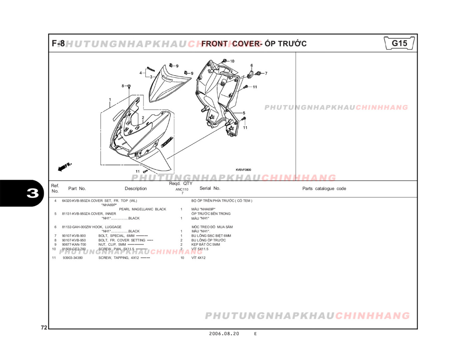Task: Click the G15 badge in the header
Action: [399, 43]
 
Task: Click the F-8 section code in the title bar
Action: [58, 44]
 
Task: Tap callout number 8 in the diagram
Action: [123, 86]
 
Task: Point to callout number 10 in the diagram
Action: [232, 61]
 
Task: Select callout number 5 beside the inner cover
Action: [244, 113]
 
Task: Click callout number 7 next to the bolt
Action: [266, 73]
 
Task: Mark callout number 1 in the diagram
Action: [110, 99]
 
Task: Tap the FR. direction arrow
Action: [65, 167]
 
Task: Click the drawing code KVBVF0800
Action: [243, 170]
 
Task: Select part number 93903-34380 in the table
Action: [73, 258]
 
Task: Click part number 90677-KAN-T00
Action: [74, 244]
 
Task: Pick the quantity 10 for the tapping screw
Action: [182, 258]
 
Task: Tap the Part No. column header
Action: [77, 189]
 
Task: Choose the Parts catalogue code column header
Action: [324, 189]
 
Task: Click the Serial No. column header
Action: [210, 188]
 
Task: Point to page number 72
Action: [44, 328]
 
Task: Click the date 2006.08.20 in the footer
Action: [224, 334]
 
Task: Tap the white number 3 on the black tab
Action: [33, 193]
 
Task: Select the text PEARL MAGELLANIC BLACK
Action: [142, 209]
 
